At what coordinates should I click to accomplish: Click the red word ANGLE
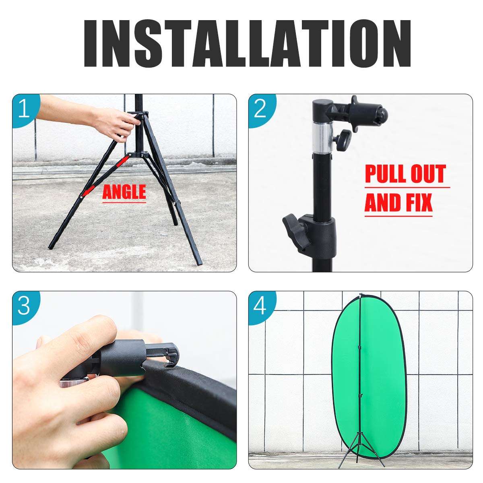coord(124,192)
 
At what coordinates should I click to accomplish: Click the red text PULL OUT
coord(405,174)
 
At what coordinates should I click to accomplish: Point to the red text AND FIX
coord(398,203)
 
